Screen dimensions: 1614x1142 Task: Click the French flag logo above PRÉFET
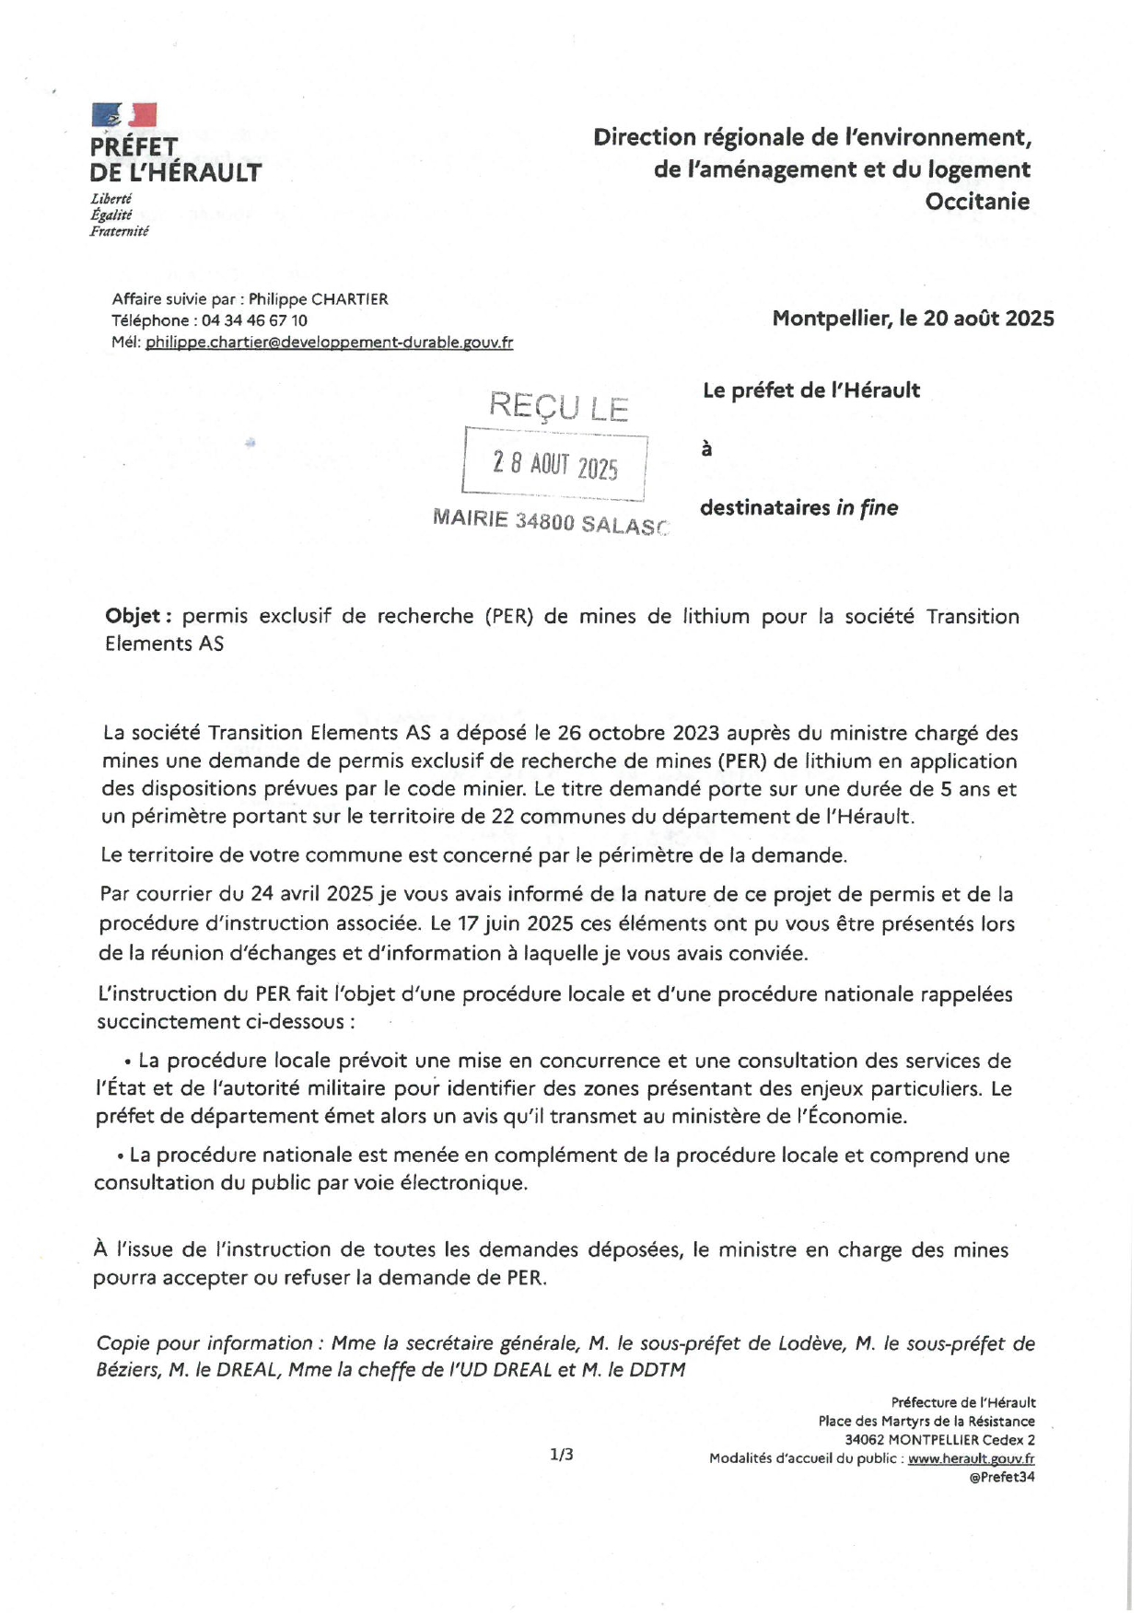pos(124,115)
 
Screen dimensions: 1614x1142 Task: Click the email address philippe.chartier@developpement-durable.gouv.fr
pos(329,343)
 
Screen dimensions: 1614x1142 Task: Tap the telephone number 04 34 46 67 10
pos(254,320)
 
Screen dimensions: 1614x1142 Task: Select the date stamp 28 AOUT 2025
pos(554,465)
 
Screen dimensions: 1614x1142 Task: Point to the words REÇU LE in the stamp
pos(558,406)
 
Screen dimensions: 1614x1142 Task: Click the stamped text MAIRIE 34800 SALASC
pos(550,521)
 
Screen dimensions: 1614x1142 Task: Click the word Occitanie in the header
pos(977,202)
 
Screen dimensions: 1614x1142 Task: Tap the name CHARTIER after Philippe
pos(350,299)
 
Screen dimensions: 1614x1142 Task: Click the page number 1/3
pos(561,1455)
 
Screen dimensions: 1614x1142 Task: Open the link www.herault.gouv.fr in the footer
pos(971,1458)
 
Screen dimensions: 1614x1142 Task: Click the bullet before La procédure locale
pos(127,1062)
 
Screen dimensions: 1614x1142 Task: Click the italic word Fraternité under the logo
pos(119,231)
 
